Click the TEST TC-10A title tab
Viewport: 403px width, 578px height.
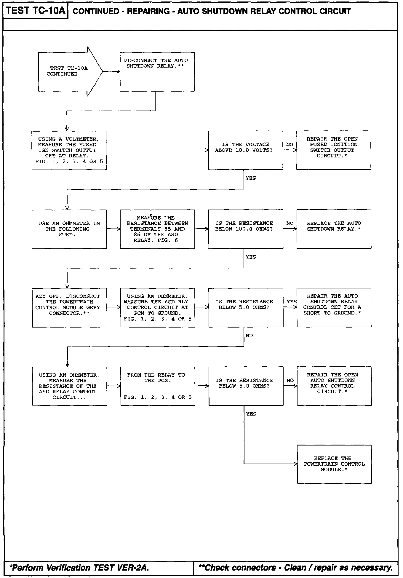pyautogui.click(x=35, y=11)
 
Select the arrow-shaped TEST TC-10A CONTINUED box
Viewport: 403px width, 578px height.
pyautogui.click(x=68, y=71)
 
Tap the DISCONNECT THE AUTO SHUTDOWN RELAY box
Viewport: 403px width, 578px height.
pyautogui.click(x=157, y=72)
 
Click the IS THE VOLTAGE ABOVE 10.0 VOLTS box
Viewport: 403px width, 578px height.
pyautogui.click(x=245, y=150)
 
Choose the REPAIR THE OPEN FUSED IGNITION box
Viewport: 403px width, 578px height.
pyautogui.click(x=334, y=150)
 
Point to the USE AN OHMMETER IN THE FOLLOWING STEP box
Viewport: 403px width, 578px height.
pyautogui.click(x=69, y=229)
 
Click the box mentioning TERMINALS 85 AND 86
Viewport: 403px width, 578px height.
pyautogui.click(x=157, y=229)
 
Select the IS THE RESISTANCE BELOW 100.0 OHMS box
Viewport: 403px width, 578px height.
pyautogui.click(x=246, y=229)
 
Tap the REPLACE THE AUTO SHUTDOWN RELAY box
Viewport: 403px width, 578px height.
pyautogui.click(x=334, y=229)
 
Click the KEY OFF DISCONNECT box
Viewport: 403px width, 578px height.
pyautogui.click(x=69, y=307)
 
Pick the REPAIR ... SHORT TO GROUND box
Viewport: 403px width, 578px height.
pyautogui.click(x=334, y=307)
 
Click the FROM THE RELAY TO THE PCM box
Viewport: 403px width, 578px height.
pyautogui.click(x=158, y=386)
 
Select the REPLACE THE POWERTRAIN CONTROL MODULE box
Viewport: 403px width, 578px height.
pyautogui.click(x=334, y=464)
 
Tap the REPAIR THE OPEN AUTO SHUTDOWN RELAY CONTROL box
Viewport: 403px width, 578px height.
pyautogui.click(x=334, y=386)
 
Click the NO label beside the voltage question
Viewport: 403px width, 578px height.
pyautogui.click(x=290, y=145)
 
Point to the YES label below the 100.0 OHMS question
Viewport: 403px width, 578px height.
pyautogui.click(x=251, y=257)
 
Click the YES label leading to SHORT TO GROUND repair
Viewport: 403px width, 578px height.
pyautogui.click(x=292, y=302)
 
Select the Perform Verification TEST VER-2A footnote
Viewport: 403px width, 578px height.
pyautogui.click(x=79, y=567)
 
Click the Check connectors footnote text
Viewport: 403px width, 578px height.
pyautogui.click(x=295, y=567)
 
